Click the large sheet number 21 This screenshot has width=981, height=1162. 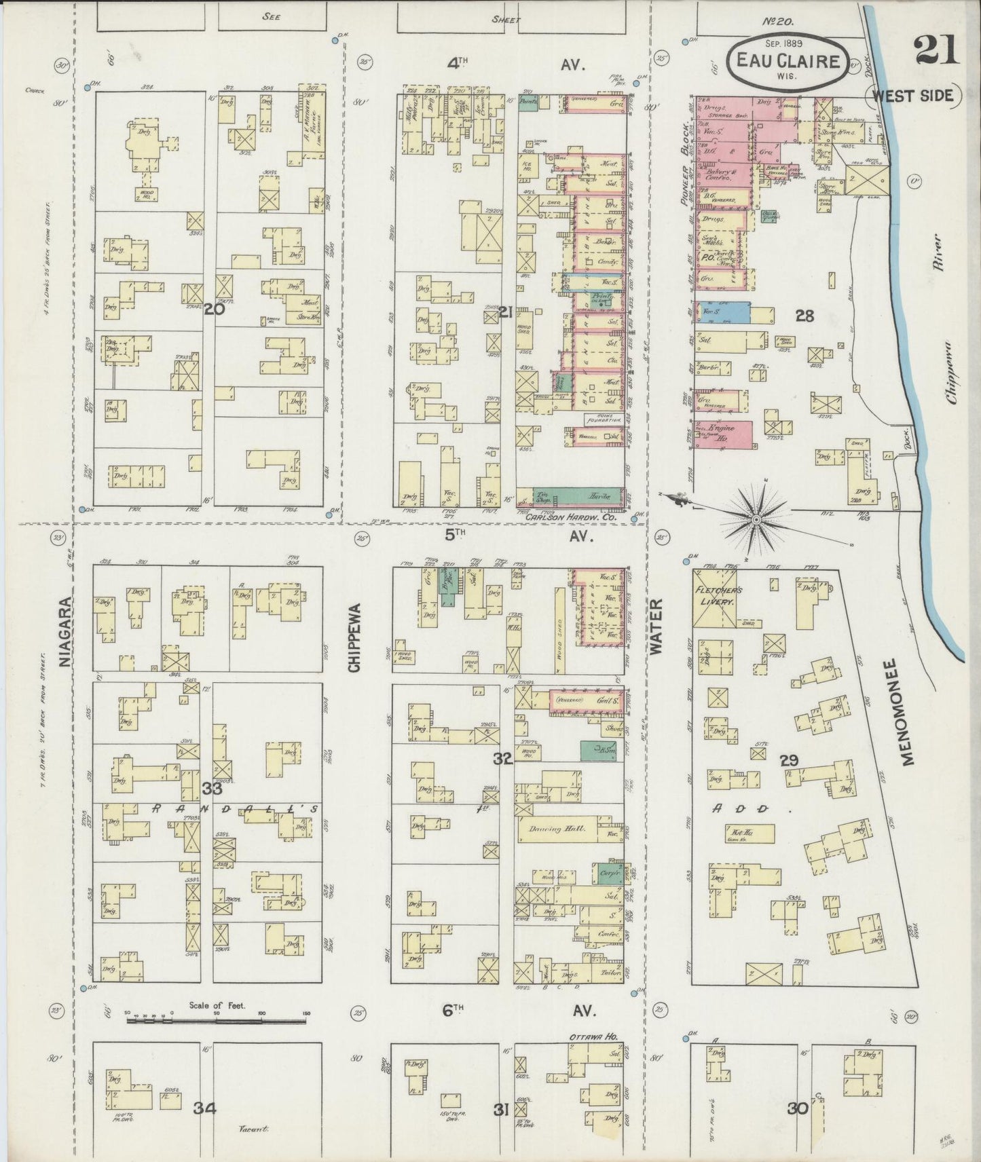(936, 50)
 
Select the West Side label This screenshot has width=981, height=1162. (912, 96)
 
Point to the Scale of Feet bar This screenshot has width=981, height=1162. (217, 1019)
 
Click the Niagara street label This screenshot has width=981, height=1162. (65, 633)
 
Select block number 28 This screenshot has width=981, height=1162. (804, 316)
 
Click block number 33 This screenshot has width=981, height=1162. (212, 788)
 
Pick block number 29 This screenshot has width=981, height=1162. (788, 760)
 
